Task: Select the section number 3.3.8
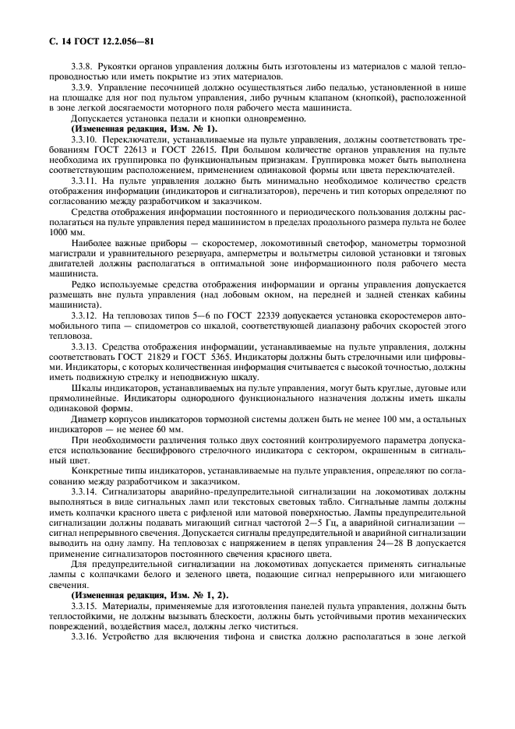83,67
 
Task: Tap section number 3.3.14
85,495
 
